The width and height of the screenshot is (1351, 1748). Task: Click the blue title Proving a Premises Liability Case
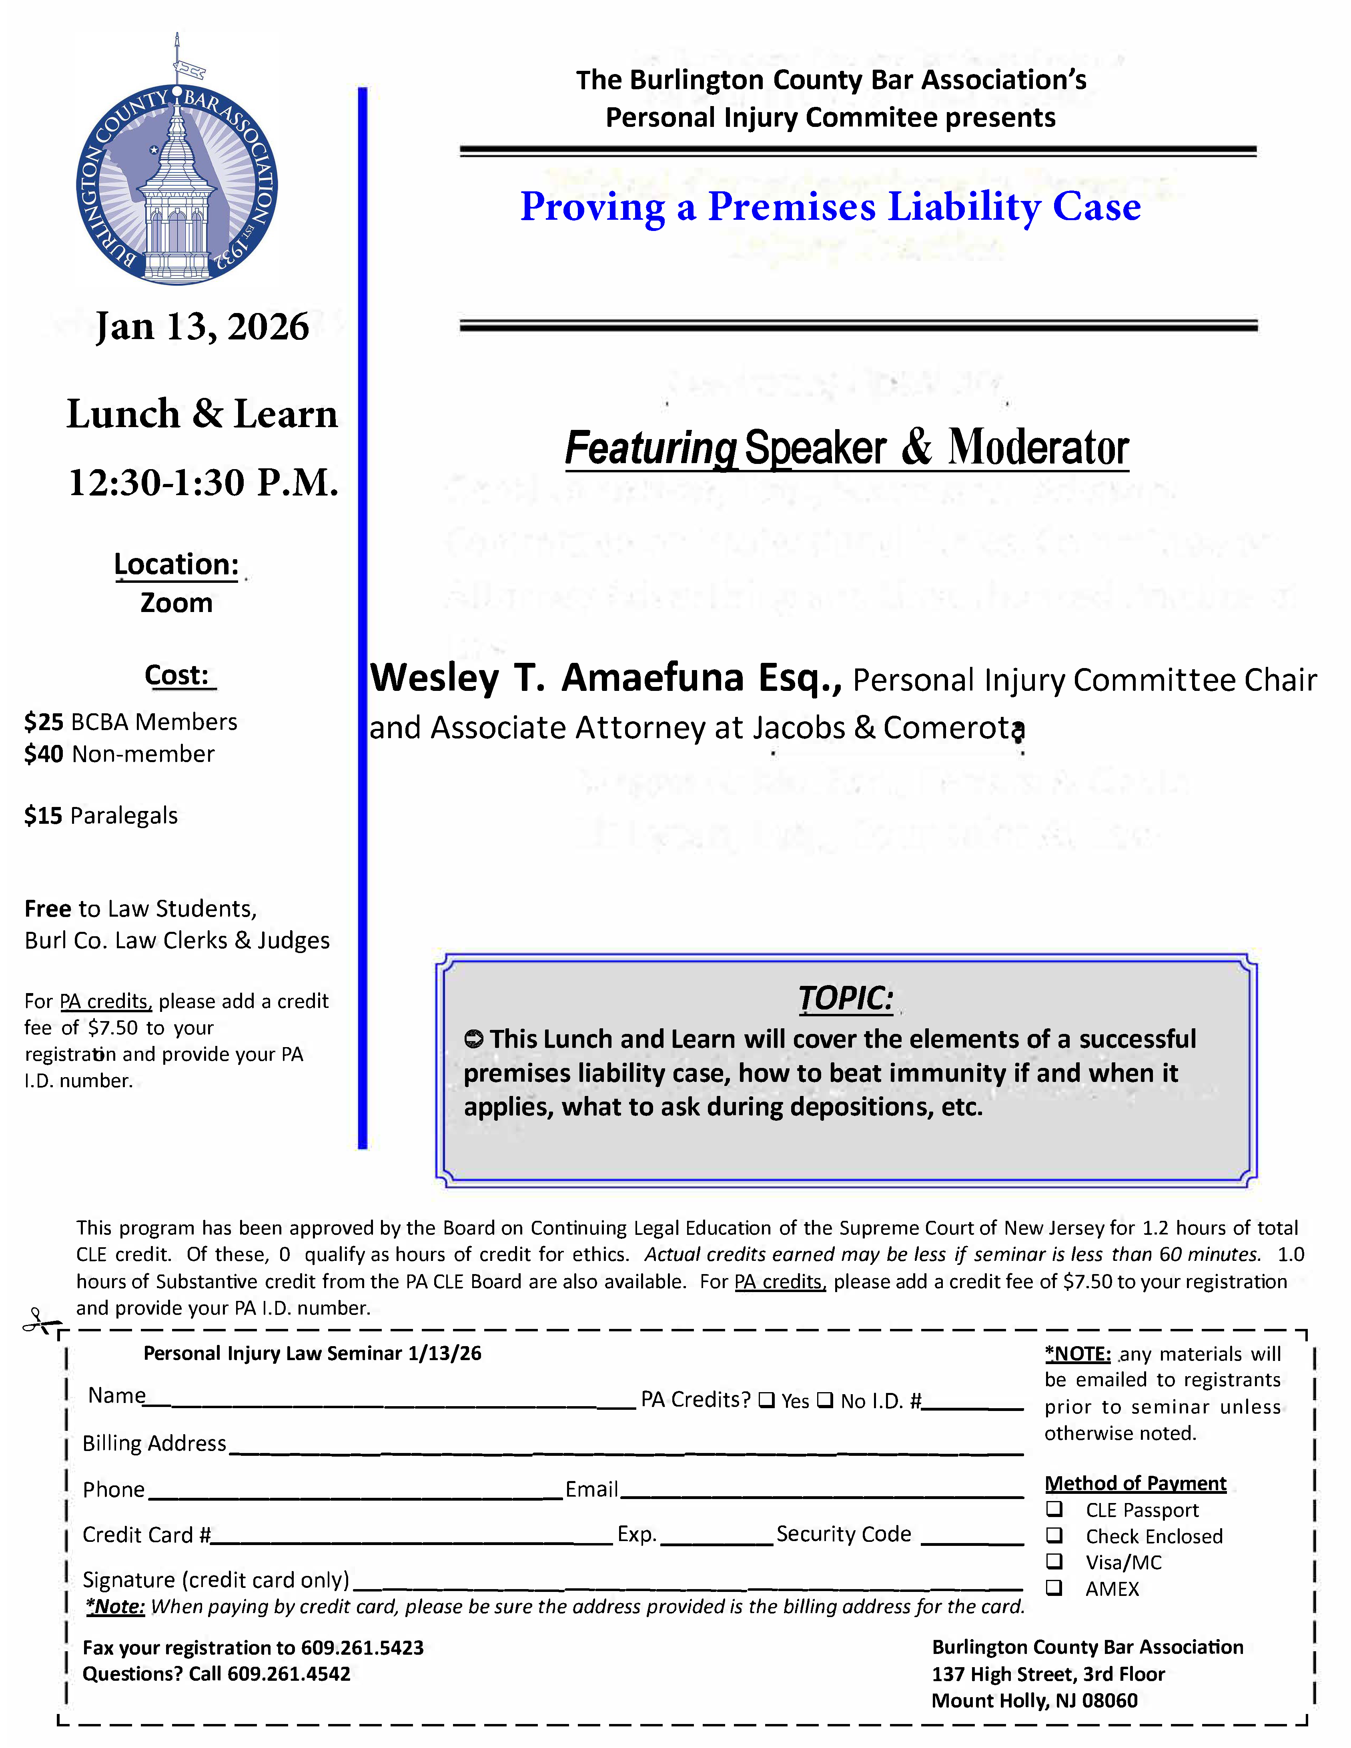coord(830,207)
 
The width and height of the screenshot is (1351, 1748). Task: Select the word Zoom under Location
coord(177,603)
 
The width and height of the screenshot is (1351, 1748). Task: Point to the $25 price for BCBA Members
coord(44,722)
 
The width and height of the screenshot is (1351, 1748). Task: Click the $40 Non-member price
coord(44,754)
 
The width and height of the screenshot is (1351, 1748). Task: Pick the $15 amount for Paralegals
coord(43,816)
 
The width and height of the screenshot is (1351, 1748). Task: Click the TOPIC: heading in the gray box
coord(845,998)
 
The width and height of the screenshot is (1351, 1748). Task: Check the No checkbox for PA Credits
coord(825,1400)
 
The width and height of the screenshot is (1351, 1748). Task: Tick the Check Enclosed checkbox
coord(1055,1535)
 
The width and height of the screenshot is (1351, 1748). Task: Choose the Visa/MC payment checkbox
coord(1055,1561)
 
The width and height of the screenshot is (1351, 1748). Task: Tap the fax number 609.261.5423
coord(362,1647)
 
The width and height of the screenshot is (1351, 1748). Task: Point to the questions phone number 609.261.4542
coord(289,1674)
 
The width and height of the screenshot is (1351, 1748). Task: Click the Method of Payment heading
coord(1135,1483)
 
